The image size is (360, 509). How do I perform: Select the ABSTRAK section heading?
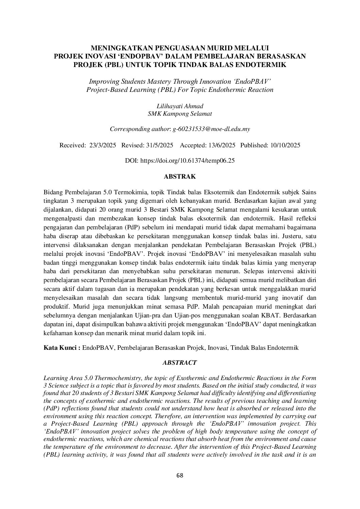click(x=180, y=177)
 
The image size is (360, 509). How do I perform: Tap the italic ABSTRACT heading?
click(x=179, y=363)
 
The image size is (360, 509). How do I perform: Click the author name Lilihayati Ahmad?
click(x=180, y=106)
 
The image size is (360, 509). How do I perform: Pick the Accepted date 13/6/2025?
click(x=221, y=145)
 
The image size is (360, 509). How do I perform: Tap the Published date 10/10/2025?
click(x=285, y=145)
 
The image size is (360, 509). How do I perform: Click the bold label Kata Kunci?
click(x=62, y=348)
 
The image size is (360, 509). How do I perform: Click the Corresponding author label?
click(x=140, y=129)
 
